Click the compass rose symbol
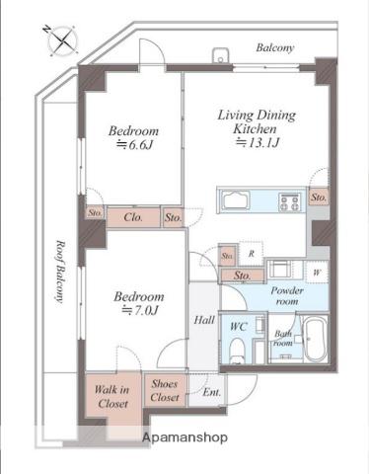point(61,40)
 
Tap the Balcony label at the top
point(274,47)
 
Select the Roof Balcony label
point(59,272)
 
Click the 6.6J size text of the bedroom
point(134,145)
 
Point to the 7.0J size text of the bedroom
point(140,310)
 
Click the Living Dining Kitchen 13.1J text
point(257,128)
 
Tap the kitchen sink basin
point(234,200)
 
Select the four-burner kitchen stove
point(290,201)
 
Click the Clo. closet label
point(133,217)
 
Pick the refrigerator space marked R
point(251,254)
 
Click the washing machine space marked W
point(317,273)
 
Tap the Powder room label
point(287,296)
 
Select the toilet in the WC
point(237,350)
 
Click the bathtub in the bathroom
point(314,339)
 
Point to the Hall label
point(204,320)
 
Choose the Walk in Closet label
point(112,397)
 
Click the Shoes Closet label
point(165,390)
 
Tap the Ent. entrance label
point(211,392)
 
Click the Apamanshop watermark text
point(184,437)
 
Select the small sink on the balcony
point(221,55)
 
